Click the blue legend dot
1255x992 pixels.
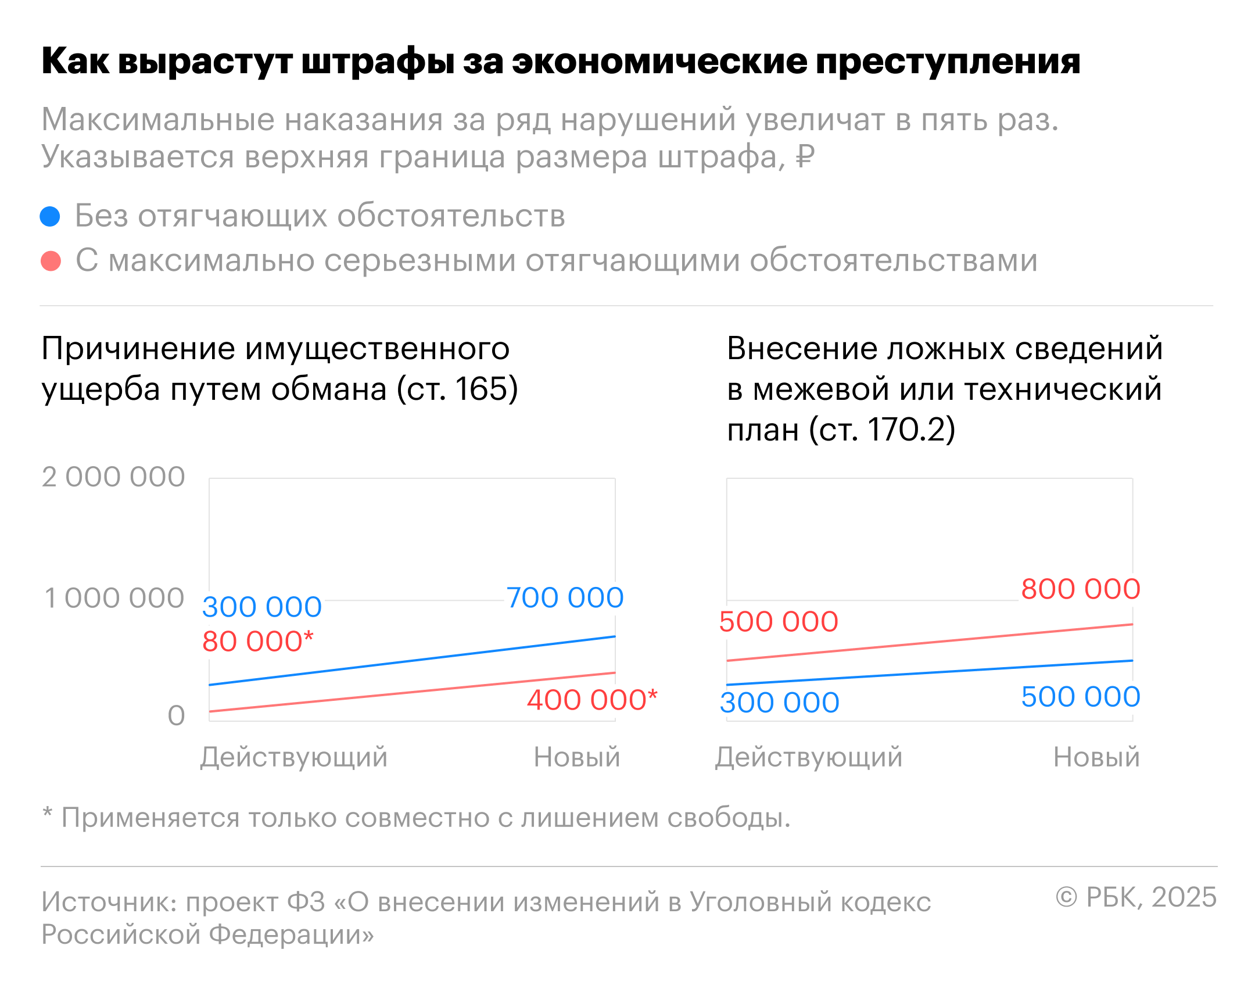50,216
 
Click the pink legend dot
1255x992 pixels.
51,261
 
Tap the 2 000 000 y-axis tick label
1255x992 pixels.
113,477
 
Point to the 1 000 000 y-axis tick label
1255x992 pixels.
114,599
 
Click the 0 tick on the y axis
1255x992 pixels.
176,715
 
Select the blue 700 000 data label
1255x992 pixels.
565,598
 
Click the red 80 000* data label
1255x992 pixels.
257,642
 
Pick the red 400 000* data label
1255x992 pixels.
591,700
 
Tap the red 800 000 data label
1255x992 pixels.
1081,589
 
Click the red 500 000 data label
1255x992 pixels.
779,622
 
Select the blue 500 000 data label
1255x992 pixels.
1081,697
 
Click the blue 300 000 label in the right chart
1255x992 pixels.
779,703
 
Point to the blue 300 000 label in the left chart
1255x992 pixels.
261,607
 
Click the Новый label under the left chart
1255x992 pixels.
577,757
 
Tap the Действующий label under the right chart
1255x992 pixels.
809,757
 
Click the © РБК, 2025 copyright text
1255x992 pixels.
1136,898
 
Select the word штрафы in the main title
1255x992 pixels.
378,62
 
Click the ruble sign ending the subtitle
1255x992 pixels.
805,156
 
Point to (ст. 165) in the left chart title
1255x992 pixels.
457,389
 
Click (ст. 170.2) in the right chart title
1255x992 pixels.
883,429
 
